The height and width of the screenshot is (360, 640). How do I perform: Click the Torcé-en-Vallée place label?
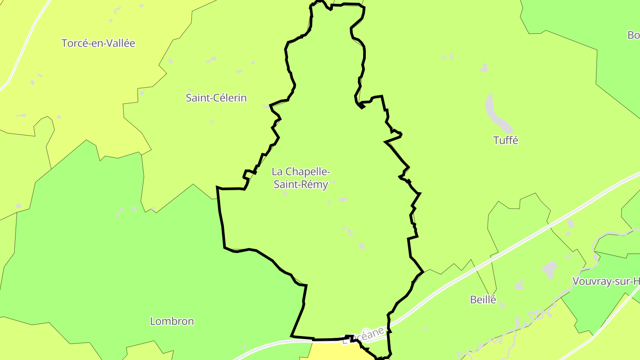98,44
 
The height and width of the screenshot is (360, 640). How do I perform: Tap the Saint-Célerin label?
216,98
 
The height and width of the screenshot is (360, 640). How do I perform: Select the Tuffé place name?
506,140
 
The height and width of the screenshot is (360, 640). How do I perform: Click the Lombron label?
172,321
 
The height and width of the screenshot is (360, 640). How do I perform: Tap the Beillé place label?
483,300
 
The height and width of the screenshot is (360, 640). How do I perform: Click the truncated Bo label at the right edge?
633,35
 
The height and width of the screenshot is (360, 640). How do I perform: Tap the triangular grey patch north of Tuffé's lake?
484,68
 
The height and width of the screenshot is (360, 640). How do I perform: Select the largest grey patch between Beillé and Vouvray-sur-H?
550,269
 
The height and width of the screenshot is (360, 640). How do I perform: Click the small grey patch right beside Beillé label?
502,305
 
